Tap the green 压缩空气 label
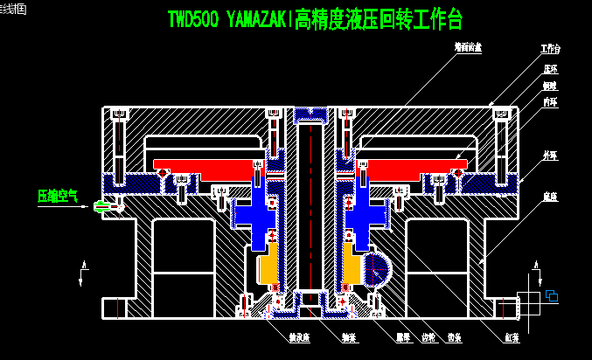(57, 196)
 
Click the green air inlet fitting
(101, 207)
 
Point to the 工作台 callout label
(550, 49)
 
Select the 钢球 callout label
(549, 86)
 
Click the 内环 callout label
(549, 103)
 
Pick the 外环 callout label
(549, 155)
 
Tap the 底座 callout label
(549, 197)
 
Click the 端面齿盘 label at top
(467, 46)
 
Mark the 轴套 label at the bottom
(349, 336)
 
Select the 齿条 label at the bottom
(454, 336)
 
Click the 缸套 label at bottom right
(512, 336)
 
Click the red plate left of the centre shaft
(205, 164)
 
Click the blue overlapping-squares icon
(552, 296)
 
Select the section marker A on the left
(83, 264)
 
